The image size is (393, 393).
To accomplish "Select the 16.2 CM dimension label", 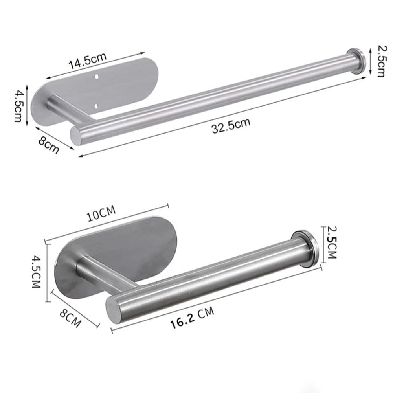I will tap(192, 318).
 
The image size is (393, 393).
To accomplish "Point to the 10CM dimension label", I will tap(101, 215).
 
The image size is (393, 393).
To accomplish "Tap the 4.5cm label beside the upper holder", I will tap(18, 106).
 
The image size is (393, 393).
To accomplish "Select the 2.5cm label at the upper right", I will tap(381, 61).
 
